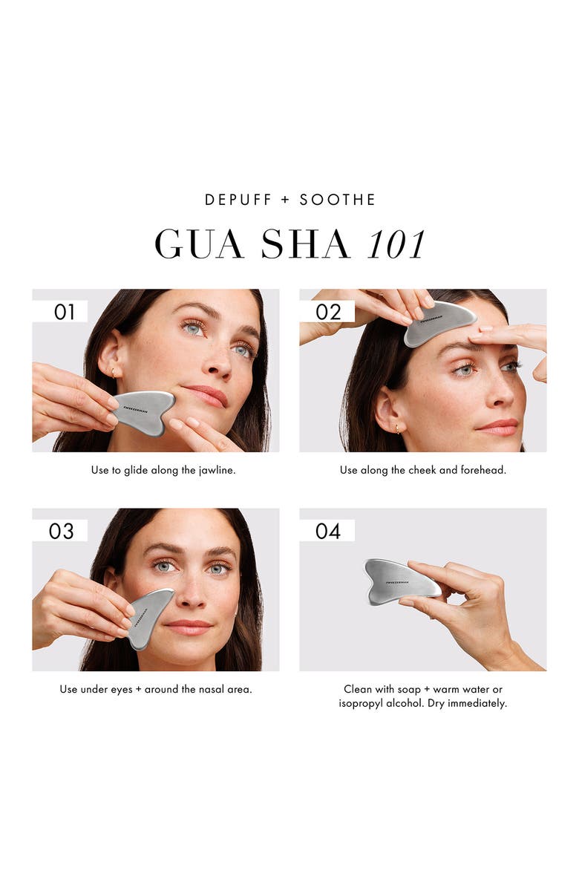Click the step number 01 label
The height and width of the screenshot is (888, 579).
(x=65, y=312)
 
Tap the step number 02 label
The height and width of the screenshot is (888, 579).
(x=327, y=312)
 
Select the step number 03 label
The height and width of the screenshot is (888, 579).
(x=61, y=531)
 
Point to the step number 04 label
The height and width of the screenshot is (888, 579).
(x=327, y=531)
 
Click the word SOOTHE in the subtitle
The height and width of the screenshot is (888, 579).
(x=338, y=200)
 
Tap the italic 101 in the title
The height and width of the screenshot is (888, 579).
(x=396, y=244)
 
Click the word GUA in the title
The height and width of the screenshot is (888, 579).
(x=199, y=244)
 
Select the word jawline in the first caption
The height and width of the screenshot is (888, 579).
(x=217, y=471)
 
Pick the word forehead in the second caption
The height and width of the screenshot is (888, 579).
(x=482, y=471)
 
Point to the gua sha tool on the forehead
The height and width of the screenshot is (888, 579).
(x=439, y=322)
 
